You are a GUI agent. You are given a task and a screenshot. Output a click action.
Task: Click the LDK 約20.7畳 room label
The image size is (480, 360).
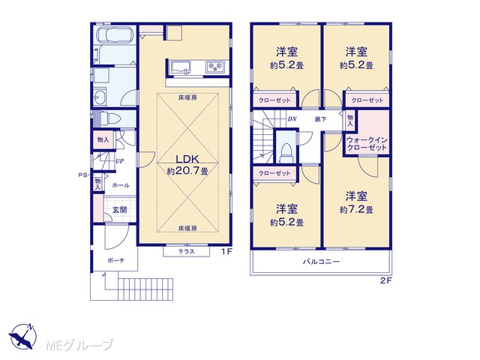(x=187, y=165)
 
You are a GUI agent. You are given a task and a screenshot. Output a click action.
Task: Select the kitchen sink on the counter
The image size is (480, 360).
(x=181, y=67)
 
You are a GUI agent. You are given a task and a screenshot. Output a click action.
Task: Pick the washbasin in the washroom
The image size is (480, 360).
(x=100, y=97)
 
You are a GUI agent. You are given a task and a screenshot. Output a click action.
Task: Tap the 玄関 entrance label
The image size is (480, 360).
(x=119, y=210)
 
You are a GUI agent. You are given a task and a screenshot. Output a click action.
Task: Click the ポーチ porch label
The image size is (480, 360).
(x=115, y=261)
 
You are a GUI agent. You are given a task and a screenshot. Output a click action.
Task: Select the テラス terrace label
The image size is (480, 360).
(x=187, y=252)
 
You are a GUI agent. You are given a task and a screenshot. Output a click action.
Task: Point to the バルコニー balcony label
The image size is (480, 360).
(x=321, y=262)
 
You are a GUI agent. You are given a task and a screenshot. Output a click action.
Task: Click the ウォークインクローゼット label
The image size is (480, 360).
(x=367, y=143)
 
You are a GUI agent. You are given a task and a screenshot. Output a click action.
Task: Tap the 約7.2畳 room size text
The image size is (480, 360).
(x=356, y=210)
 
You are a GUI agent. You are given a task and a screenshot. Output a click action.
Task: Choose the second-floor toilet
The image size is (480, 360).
(x=286, y=153)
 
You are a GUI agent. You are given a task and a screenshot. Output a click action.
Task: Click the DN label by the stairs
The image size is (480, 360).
(x=292, y=118)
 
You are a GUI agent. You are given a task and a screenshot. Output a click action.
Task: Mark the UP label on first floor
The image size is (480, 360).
(x=119, y=161)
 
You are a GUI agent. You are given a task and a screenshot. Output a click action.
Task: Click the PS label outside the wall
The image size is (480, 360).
(x=82, y=175)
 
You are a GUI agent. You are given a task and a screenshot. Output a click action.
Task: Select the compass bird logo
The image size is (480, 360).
(x=22, y=336)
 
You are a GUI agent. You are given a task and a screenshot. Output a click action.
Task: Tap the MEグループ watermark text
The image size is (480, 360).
(x=79, y=345)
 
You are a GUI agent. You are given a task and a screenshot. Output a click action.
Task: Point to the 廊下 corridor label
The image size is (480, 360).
(x=320, y=119)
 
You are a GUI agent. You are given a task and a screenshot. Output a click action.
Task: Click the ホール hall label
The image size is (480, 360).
(x=121, y=185)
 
